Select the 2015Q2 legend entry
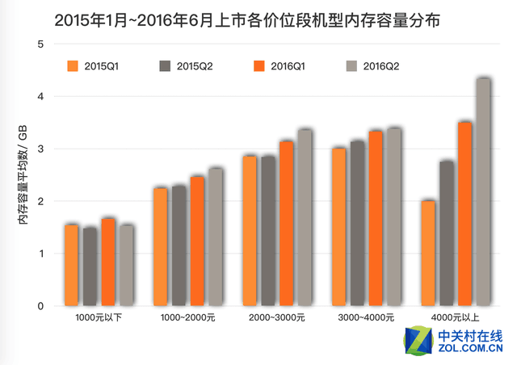(x=185, y=66)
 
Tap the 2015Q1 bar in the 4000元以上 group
(x=428, y=254)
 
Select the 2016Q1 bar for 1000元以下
(x=108, y=262)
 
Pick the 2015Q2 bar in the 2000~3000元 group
(x=268, y=231)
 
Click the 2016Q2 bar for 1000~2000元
(x=216, y=237)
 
